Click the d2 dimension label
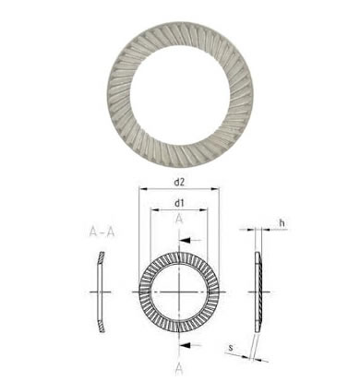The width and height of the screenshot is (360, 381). click(179, 183)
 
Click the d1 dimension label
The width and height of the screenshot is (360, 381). click(179, 203)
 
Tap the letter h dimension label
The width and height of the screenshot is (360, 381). click(282, 222)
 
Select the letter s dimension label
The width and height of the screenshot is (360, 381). click(231, 348)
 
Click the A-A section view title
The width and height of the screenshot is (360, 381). click(102, 232)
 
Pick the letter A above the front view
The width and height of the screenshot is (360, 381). click(179, 219)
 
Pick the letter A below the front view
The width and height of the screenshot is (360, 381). click(179, 369)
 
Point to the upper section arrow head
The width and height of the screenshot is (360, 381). click(184, 240)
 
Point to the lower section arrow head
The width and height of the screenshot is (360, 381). click(184, 346)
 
